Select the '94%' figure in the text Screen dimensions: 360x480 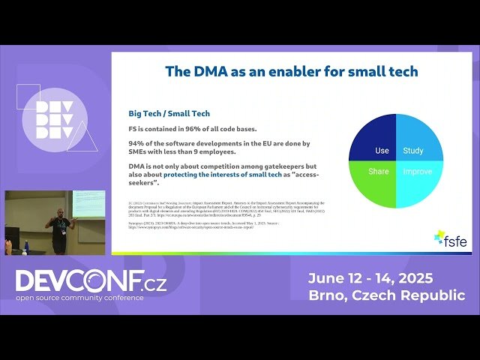[135, 143]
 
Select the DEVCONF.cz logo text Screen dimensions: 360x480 [91, 281]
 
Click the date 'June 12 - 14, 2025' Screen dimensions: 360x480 [370, 278]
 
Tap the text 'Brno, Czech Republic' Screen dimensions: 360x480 [386, 295]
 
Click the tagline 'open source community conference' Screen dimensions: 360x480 [79, 298]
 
